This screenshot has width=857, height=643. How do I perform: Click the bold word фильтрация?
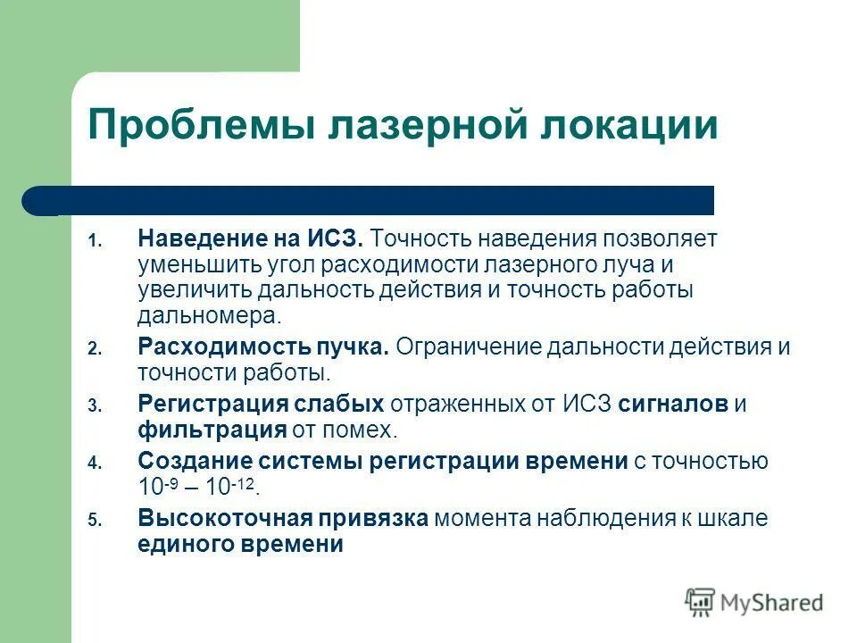point(212,430)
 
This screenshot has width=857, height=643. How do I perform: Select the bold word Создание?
point(194,461)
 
